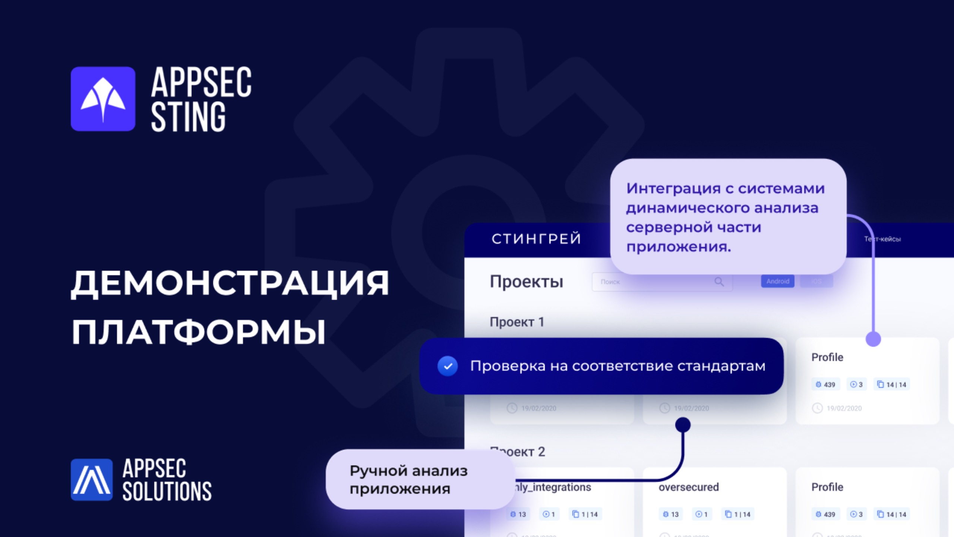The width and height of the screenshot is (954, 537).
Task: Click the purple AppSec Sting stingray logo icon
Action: click(103, 99)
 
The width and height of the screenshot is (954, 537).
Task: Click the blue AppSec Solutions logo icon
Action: click(91, 480)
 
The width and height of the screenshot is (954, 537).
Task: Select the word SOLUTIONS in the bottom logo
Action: click(167, 491)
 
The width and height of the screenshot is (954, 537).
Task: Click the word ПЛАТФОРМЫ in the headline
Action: click(199, 332)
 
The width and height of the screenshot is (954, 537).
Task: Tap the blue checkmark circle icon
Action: click(448, 366)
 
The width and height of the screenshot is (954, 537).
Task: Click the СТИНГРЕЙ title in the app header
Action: click(536, 239)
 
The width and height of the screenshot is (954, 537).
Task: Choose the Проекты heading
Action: click(526, 282)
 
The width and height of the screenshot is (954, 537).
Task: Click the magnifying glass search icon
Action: click(719, 282)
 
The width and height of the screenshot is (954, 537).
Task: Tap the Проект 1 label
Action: click(517, 322)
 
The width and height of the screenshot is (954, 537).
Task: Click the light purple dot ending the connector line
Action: click(873, 339)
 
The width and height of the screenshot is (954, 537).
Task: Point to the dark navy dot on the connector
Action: click(683, 424)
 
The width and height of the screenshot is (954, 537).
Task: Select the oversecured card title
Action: click(688, 487)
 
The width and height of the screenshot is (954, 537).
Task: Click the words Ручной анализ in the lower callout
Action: click(408, 471)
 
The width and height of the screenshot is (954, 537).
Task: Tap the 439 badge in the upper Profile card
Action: click(825, 384)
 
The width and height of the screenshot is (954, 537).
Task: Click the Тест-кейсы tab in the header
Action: click(882, 239)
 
